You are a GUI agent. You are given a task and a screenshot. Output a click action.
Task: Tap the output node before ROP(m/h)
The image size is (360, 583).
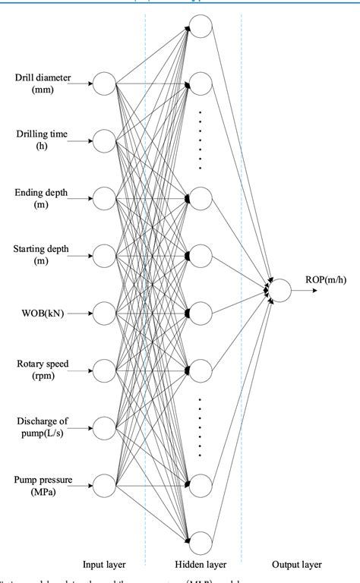[x=279, y=289]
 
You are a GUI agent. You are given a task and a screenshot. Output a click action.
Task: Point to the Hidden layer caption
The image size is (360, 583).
[x=199, y=565]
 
